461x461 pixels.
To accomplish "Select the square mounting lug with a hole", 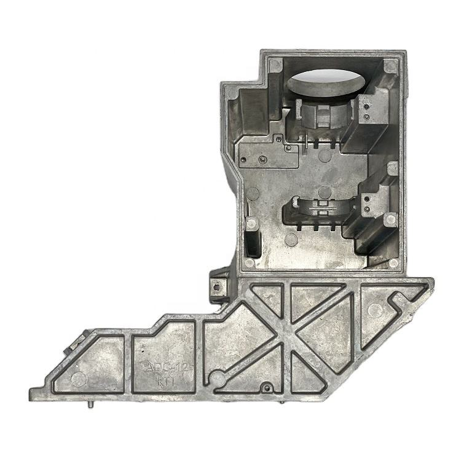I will point(218,285).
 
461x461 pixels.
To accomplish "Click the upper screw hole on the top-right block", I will point(367,106).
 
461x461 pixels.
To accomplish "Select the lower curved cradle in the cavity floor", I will point(318,209).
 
